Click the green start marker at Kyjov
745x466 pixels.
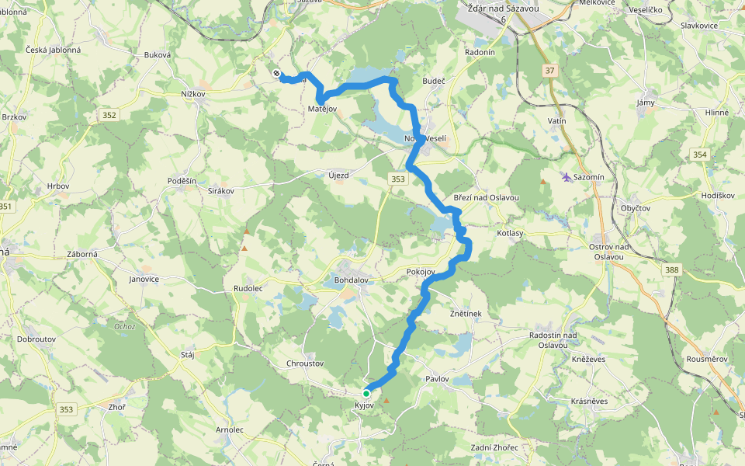click(x=366, y=393)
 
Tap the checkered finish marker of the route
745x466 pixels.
click(x=277, y=74)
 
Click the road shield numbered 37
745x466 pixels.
click(x=550, y=71)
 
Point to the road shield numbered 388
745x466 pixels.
click(x=671, y=270)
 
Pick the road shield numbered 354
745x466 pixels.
click(x=700, y=155)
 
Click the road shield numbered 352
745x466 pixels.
click(x=109, y=116)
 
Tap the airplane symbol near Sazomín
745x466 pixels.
click(x=567, y=177)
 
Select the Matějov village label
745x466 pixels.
click(x=322, y=110)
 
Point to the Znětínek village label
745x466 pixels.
click(x=466, y=314)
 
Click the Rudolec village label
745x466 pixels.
click(x=248, y=288)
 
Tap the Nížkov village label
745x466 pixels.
click(x=192, y=94)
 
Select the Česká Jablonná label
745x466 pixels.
click(x=54, y=50)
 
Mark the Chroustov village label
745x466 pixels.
click(x=304, y=363)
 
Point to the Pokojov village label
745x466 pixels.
click(x=420, y=272)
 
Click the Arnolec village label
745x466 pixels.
click(x=230, y=429)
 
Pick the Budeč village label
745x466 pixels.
click(x=433, y=80)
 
